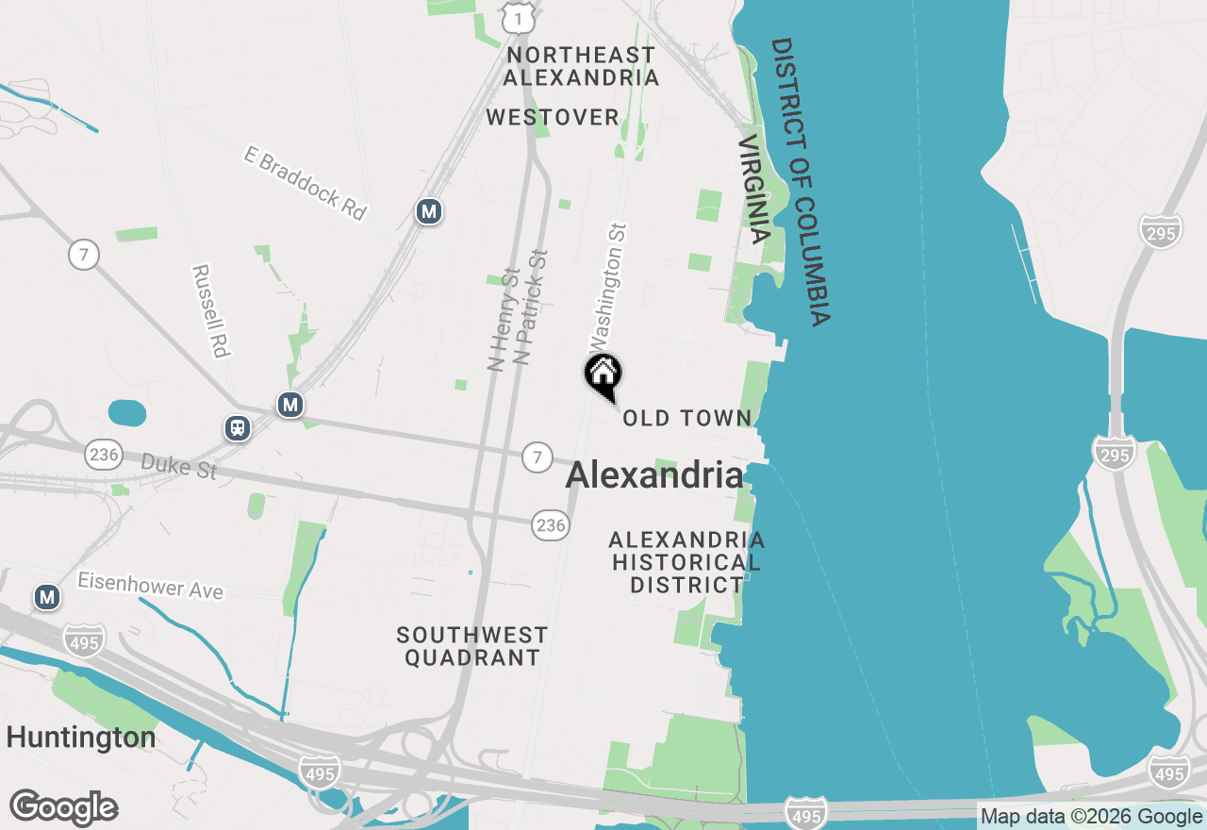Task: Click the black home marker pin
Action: pyautogui.click(x=603, y=374)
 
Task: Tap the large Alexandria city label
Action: pyautogui.click(x=654, y=475)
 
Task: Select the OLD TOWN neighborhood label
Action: pyautogui.click(x=687, y=418)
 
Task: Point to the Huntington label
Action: pyautogui.click(x=81, y=737)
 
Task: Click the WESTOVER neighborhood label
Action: pyautogui.click(x=553, y=118)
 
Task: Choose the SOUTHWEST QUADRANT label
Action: pyautogui.click(x=472, y=646)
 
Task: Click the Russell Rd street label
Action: pyautogui.click(x=211, y=310)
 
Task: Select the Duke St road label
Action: pyautogui.click(x=179, y=465)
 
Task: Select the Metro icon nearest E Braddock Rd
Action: pyautogui.click(x=429, y=211)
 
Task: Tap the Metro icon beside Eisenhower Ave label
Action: pyautogui.click(x=46, y=597)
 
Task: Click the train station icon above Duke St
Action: pyautogui.click(x=238, y=428)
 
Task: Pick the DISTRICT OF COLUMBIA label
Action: pyautogui.click(x=802, y=182)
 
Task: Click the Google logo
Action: pyautogui.click(x=63, y=808)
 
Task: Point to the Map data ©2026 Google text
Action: pyautogui.click(x=1091, y=817)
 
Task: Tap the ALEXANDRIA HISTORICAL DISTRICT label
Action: pyautogui.click(x=686, y=562)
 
